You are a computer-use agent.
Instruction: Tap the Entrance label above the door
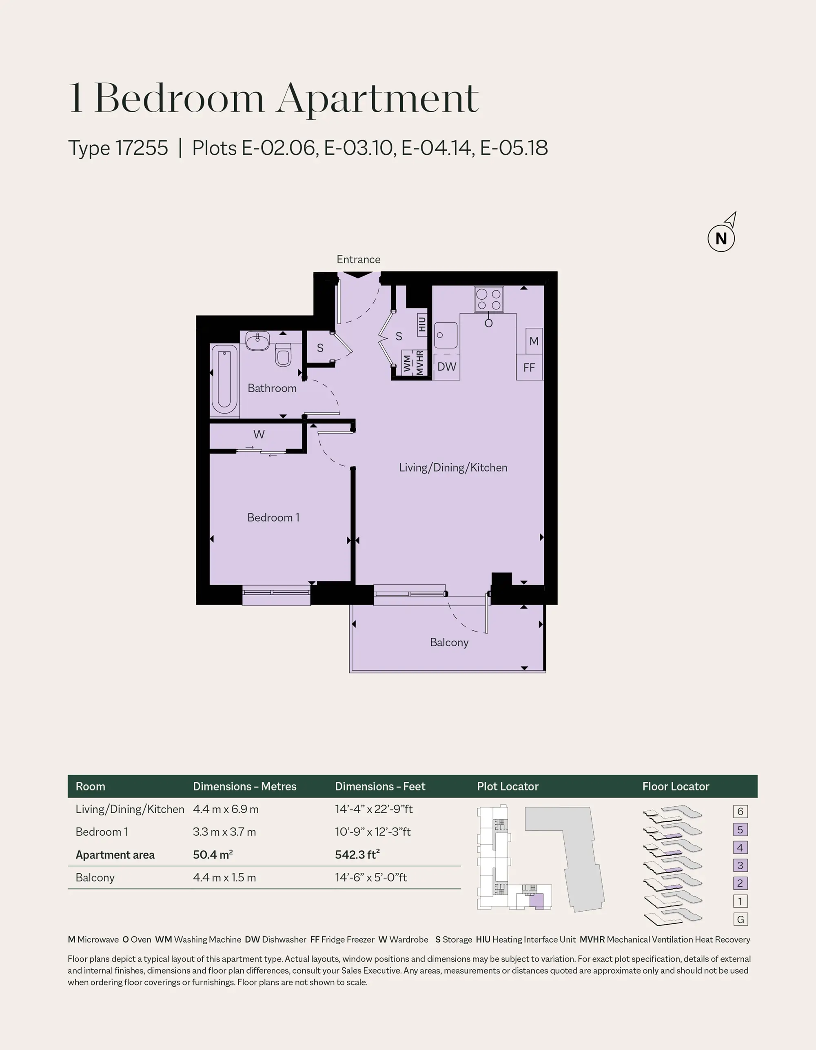pyautogui.click(x=359, y=260)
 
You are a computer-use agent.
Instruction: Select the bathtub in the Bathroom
pyautogui.click(x=224, y=379)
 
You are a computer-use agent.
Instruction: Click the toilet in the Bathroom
pyautogui.click(x=283, y=354)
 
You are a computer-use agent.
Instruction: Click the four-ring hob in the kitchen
pyautogui.click(x=489, y=299)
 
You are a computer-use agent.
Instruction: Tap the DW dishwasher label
pyautogui.click(x=447, y=367)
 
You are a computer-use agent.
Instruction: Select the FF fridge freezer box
pyautogui.click(x=529, y=367)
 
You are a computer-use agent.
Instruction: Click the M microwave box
pyautogui.click(x=534, y=341)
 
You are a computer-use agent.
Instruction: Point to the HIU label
pyautogui.click(x=422, y=324)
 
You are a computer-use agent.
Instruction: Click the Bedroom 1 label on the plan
pyautogui.click(x=273, y=517)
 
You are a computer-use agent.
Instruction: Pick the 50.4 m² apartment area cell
pyautogui.click(x=213, y=854)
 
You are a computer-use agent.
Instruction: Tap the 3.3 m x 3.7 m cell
pyautogui.click(x=224, y=832)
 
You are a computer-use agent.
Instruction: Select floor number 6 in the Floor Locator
pyautogui.click(x=740, y=811)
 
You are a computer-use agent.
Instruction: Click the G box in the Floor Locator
pyautogui.click(x=740, y=919)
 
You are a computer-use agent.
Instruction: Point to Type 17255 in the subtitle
pyautogui.click(x=118, y=148)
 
